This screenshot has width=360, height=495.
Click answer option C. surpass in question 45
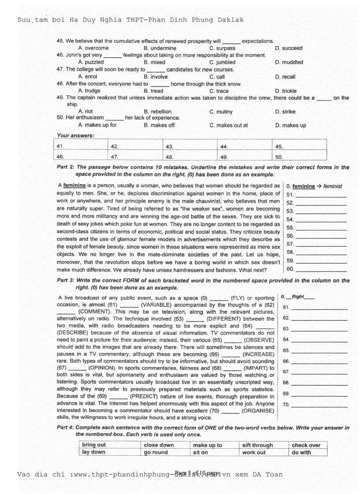222,48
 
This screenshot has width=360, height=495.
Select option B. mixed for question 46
154,62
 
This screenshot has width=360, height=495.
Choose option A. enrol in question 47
88,76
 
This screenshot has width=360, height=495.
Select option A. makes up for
97,125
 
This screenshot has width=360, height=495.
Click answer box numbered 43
191,146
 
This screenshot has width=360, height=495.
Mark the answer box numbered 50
300,156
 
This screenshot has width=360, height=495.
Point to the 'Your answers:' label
75,135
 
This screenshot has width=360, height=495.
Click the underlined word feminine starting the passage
74,186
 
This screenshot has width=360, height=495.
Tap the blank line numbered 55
321,228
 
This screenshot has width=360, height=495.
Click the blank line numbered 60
321,269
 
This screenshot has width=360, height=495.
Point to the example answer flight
304,297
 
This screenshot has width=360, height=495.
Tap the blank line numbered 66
319,361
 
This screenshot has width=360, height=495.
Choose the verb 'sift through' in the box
258,445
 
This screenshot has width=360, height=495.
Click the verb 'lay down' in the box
94,452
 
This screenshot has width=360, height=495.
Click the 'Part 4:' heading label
66,428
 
